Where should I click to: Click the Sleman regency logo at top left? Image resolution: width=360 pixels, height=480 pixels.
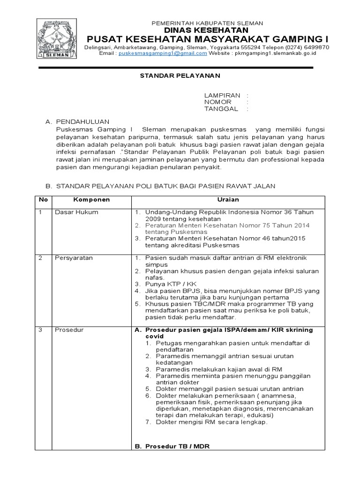coord(57,39)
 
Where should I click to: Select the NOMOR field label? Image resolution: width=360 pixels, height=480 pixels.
coord(217,102)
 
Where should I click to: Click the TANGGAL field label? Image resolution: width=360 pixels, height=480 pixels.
coord(221,109)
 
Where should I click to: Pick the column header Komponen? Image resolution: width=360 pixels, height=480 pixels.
coord(91,200)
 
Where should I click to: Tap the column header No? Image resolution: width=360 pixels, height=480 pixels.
coord(44,200)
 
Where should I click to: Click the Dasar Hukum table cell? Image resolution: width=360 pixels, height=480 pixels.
coord(76,212)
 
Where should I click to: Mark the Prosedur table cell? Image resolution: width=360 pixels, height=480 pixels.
coord(69,330)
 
